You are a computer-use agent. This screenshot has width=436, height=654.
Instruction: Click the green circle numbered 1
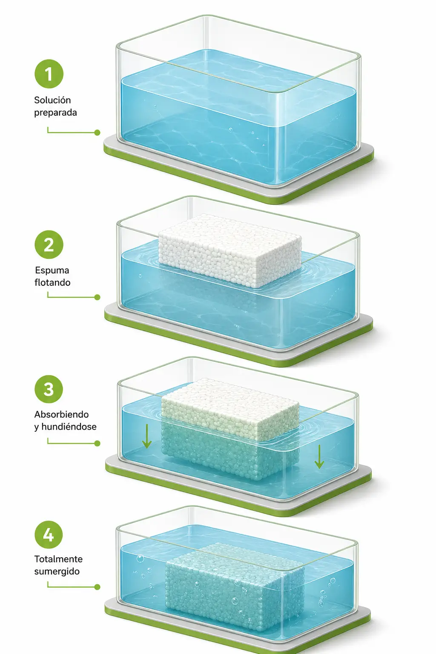pos(49,74)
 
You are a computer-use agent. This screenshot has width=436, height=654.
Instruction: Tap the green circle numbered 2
pos(49,245)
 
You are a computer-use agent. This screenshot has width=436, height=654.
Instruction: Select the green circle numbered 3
pos(49,389)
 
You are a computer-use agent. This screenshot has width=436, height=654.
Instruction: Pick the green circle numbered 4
pos(49,534)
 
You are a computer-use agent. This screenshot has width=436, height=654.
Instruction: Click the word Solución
pos(52,100)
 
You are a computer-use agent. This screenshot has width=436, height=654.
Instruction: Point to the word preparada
pos(55,113)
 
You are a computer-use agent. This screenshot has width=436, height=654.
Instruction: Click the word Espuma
pos(52,270)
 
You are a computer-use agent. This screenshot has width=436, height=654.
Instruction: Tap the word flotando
pos(52,283)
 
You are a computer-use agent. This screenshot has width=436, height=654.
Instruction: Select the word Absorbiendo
pos(61,414)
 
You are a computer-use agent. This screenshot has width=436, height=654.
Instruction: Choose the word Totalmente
pos(58,559)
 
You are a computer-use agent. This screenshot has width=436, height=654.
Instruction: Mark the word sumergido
pos(57,572)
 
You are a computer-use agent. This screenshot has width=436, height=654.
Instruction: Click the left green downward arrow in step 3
pos(146,436)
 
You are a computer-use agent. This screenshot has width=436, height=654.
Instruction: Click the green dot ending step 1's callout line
pos(97,132)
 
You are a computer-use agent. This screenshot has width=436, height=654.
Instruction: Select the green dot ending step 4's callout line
pos(97,587)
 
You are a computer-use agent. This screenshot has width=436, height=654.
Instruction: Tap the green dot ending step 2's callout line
pos(97,297)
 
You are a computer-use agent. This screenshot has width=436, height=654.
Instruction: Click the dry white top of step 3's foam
pos(230,404)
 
